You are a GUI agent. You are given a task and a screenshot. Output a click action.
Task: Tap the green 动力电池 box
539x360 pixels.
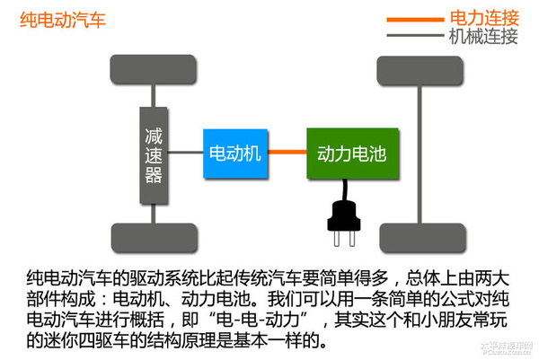tap(351, 154)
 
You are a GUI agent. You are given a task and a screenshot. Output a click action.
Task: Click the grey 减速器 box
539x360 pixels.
tap(154, 154)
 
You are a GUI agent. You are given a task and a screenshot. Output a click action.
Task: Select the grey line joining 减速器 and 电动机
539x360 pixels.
tap(185, 154)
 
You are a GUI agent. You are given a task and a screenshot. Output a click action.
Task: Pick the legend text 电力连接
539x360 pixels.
tap(482, 16)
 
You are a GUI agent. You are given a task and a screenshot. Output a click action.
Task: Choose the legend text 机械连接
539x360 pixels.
tap(482, 36)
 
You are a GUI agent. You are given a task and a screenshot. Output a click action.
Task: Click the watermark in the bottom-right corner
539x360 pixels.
tap(508, 349)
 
